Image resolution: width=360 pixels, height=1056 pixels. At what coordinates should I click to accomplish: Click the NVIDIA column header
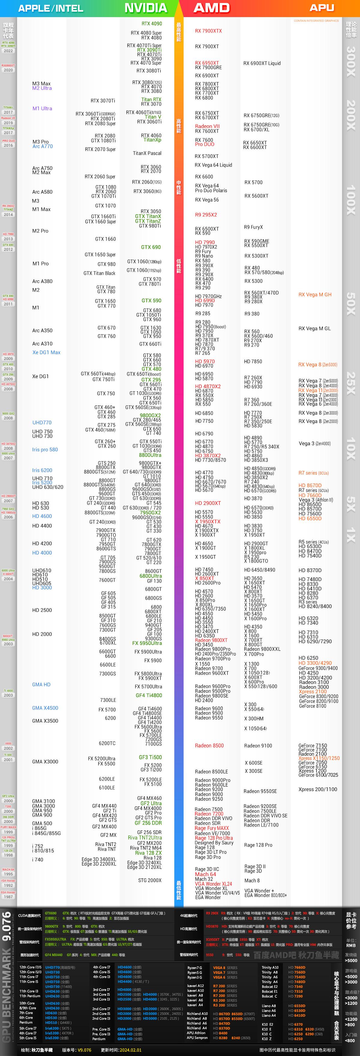coord(145,8)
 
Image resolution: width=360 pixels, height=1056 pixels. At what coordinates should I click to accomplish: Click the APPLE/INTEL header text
coord(50,8)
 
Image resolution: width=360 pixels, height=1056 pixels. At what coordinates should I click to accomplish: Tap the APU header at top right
coord(322,8)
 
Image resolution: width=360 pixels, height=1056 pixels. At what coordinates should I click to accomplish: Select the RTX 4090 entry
coord(152,24)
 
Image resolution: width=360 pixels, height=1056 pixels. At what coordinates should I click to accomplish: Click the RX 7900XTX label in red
coord(208,31)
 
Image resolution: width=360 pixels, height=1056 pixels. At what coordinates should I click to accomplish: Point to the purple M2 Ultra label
coord(42,88)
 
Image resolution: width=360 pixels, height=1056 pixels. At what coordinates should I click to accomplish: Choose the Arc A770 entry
coord(43,146)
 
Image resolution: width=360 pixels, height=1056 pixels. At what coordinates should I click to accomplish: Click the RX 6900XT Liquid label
coord(262,63)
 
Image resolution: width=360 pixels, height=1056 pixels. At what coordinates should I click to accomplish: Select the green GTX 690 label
coord(151,247)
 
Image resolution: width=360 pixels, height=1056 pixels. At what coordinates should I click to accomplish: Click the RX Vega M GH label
coord(315,294)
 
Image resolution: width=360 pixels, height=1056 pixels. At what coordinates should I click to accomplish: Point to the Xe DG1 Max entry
coord(46,352)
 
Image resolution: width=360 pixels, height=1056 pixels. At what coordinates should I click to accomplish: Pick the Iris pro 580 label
coord(45,449)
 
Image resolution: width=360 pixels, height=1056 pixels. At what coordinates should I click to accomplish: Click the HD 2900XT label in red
coord(208,503)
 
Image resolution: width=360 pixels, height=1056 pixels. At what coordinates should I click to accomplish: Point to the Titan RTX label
coord(151,100)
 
